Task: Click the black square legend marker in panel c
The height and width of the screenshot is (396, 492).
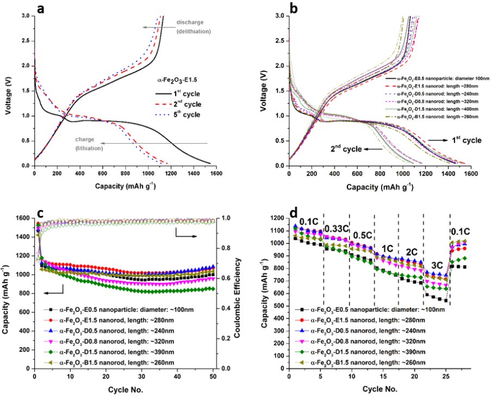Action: (x=50, y=311)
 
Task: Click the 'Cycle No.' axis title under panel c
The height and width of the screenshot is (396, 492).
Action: (x=124, y=389)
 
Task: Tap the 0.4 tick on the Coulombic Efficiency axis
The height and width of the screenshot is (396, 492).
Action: (x=224, y=308)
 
